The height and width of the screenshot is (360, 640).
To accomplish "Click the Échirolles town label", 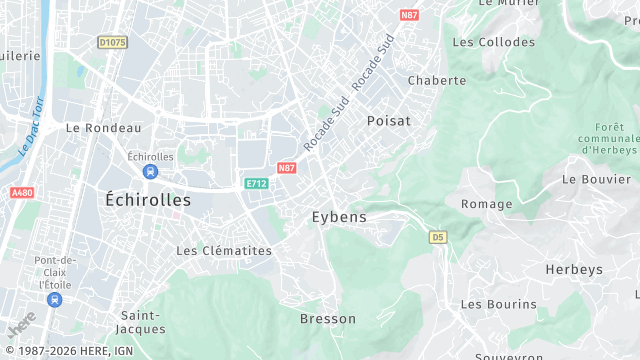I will point(148,200).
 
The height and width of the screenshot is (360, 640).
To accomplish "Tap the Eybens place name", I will point(339,216).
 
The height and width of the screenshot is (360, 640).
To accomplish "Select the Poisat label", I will point(389,120).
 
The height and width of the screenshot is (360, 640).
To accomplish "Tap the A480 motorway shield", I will point(22,192).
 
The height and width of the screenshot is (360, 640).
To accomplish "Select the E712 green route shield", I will point(256,183).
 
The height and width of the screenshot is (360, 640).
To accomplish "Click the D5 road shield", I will point(438,237).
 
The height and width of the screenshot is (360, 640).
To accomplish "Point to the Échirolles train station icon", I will point(150,172).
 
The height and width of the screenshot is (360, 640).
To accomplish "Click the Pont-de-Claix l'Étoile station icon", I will point(54,299).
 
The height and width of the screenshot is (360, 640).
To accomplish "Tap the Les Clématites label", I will point(224,250).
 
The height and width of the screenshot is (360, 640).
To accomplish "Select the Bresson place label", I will point(328,319).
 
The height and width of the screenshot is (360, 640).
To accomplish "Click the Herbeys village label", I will point(575,270).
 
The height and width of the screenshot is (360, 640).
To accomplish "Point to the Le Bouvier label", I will point(589,179).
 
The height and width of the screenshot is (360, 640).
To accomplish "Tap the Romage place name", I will point(486,204).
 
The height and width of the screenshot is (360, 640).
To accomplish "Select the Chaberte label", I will point(437,80).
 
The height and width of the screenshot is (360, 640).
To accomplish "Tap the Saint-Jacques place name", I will point(140,322).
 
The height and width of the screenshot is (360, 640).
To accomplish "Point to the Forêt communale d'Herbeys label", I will point(608,138).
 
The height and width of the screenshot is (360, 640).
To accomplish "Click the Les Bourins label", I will point(498,304).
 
